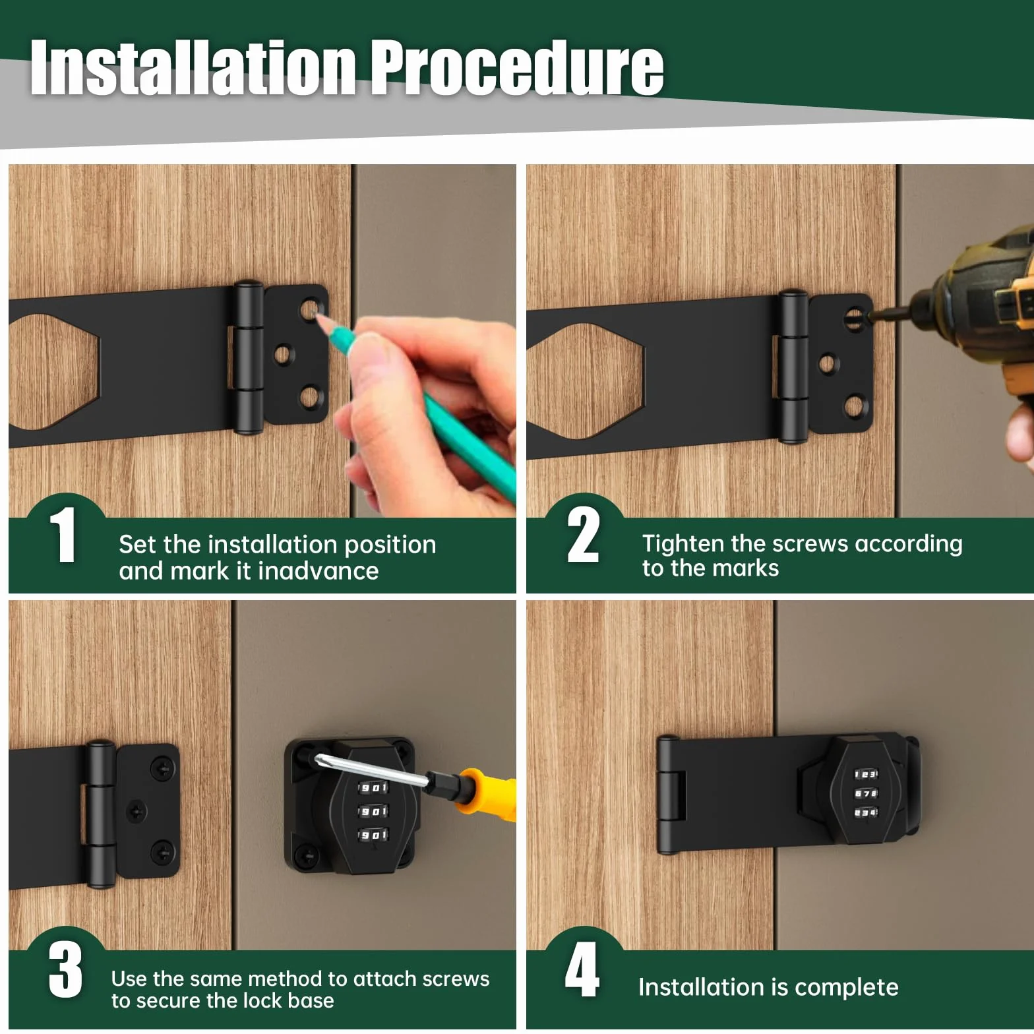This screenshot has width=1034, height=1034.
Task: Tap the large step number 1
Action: [63, 535]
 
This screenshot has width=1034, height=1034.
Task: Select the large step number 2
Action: [583, 535]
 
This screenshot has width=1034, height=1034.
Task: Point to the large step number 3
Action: [65, 969]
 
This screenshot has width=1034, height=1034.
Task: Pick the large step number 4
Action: [582, 969]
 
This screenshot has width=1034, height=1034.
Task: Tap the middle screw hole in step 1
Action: [281, 355]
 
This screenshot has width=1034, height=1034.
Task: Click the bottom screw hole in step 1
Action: [309, 398]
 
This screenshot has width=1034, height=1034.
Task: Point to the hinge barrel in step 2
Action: [793, 365]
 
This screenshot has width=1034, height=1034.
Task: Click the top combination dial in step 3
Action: [373, 787]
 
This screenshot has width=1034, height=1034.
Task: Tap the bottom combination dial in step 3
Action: [373, 835]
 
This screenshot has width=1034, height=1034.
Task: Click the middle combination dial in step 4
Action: [866, 793]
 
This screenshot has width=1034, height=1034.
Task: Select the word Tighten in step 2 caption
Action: [683, 545]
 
